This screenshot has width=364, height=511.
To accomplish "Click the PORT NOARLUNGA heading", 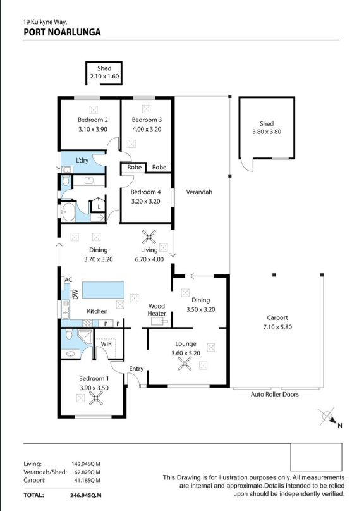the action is [62, 32].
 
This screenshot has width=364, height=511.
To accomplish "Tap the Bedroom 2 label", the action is [93, 120].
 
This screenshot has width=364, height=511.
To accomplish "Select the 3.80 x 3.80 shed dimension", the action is [267, 132].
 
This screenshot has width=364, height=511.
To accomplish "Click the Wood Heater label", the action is [157, 310].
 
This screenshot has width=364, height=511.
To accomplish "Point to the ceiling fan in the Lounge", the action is [185, 364].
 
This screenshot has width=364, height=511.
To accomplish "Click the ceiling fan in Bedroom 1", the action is [96, 398].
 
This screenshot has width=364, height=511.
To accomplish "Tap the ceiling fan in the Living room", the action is [149, 237].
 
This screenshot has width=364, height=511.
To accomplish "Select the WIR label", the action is [106, 343].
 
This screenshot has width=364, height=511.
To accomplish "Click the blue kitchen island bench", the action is [103, 290].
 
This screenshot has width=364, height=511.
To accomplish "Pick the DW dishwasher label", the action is [76, 294].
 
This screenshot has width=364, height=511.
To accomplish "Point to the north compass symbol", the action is [328, 417].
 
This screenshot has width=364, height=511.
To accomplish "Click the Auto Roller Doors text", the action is [274, 394].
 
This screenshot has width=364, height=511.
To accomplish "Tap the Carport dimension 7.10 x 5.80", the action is [277, 327].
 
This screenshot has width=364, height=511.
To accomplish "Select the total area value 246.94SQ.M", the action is [85, 495].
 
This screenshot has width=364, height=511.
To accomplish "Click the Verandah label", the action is [199, 192].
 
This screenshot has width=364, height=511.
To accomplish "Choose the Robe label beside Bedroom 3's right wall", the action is [159, 167].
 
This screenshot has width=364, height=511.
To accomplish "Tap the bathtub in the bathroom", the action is [68, 212].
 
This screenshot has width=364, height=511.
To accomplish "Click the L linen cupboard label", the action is [99, 207].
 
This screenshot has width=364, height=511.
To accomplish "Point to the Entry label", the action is [136, 369].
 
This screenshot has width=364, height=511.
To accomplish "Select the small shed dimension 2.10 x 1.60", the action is [104, 77].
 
